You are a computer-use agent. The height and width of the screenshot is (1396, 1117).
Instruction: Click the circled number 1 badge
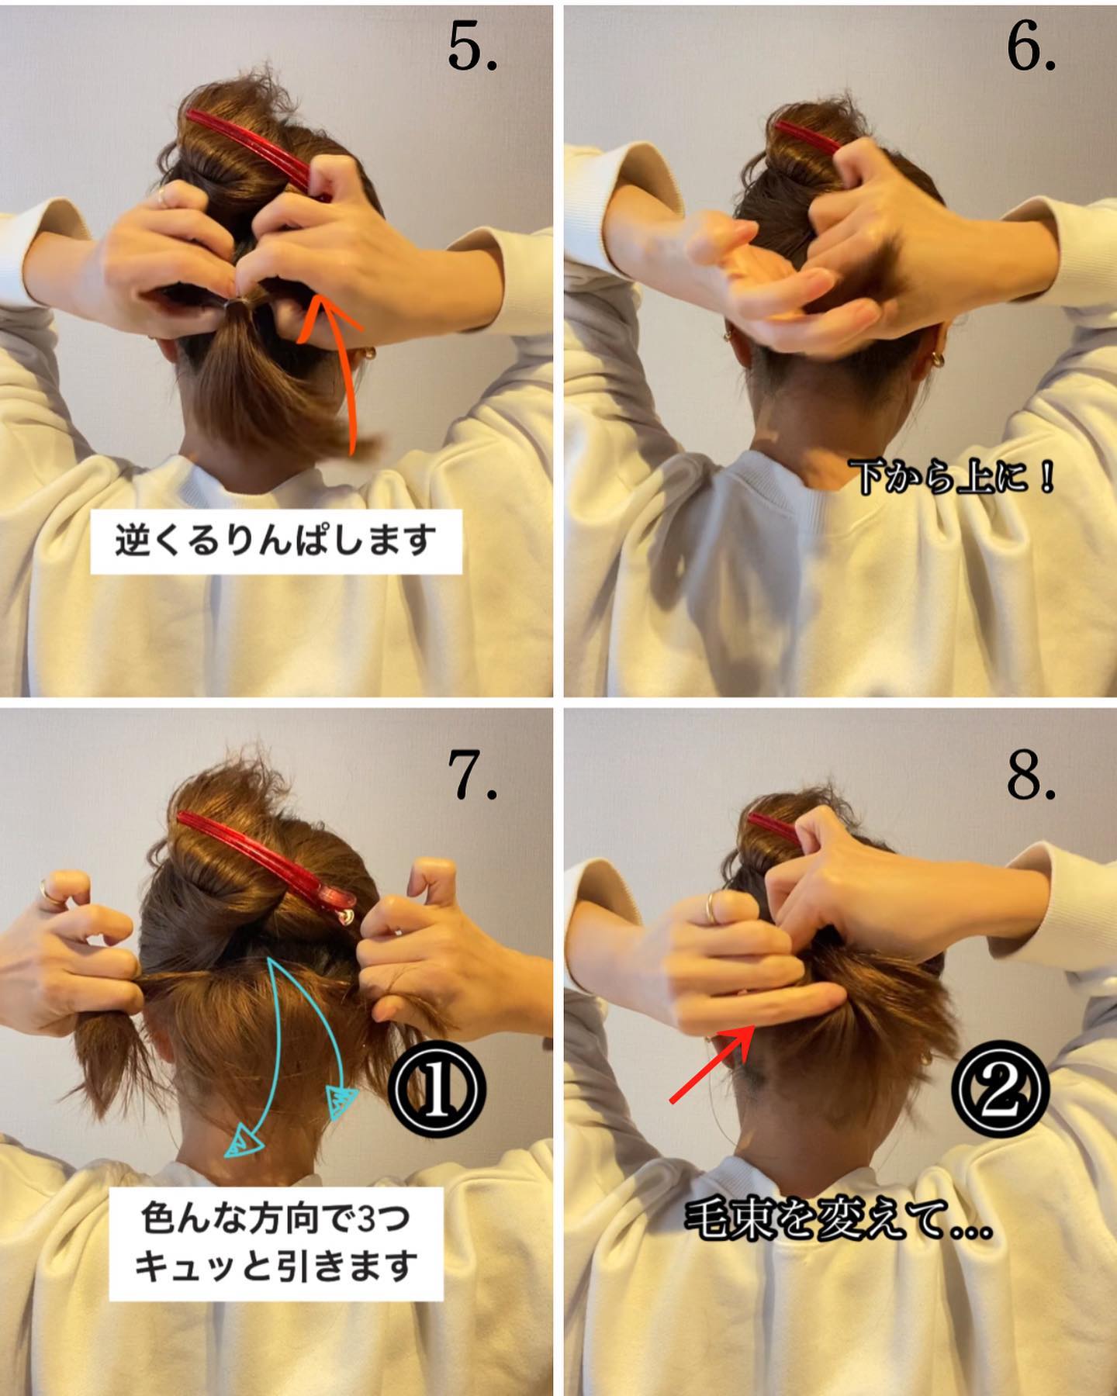click(x=437, y=1089)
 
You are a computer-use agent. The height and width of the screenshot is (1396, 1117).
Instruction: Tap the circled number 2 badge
click(x=1000, y=1089)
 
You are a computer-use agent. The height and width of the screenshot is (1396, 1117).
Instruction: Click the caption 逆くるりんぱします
click(x=276, y=541)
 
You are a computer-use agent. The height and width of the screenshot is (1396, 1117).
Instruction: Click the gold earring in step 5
click(x=368, y=353)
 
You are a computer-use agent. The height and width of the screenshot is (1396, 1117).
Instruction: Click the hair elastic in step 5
click(x=235, y=306)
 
